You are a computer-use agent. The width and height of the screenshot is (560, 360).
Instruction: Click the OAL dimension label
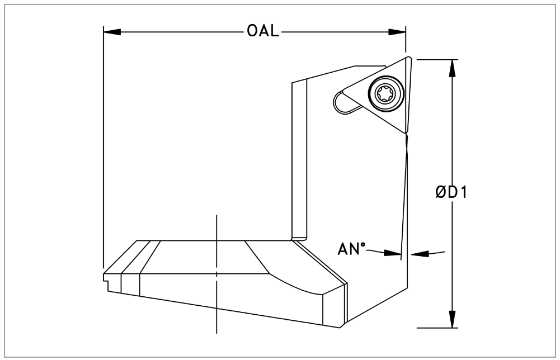pos(262,31)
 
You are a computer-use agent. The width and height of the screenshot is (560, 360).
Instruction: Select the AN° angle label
pos(351,249)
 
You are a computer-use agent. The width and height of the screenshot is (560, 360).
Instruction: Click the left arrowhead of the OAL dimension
pos(110,31)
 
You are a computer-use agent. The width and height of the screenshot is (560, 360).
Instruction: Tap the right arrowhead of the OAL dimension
pos(399,31)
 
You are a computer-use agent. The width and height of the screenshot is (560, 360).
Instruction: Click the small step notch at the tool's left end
pos(106,277)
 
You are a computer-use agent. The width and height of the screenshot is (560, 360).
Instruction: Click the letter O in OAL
pos(252,31)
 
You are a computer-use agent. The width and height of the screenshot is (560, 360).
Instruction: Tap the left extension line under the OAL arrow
pos(103,168)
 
